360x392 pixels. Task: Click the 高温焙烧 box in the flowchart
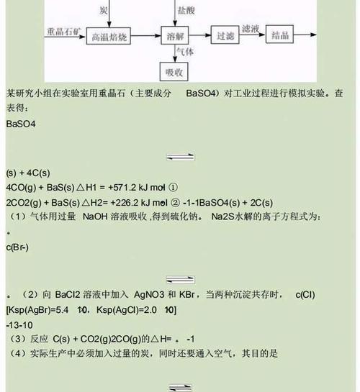point(108,36)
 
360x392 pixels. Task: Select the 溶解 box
point(175,35)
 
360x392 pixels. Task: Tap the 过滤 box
point(225,35)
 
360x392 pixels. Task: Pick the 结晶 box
point(279,34)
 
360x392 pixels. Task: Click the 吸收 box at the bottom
point(174,71)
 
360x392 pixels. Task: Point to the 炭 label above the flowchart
point(104,10)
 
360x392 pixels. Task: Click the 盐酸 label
point(186,10)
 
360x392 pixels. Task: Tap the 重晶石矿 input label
point(64,32)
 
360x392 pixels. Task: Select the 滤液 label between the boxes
point(250,29)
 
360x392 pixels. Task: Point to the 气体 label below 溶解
point(185,52)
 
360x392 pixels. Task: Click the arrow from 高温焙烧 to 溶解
point(145,36)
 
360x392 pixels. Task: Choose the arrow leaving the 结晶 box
point(305,35)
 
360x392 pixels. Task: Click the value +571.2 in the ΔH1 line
point(122,187)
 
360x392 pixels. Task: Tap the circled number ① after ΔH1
point(173,187)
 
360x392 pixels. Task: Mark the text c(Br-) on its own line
point(17,247)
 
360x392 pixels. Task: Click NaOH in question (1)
point(95,216)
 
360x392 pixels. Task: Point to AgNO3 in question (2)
point(149,294)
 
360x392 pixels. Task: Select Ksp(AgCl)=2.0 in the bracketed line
point(127,310)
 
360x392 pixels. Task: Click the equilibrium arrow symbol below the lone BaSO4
point(181,157)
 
